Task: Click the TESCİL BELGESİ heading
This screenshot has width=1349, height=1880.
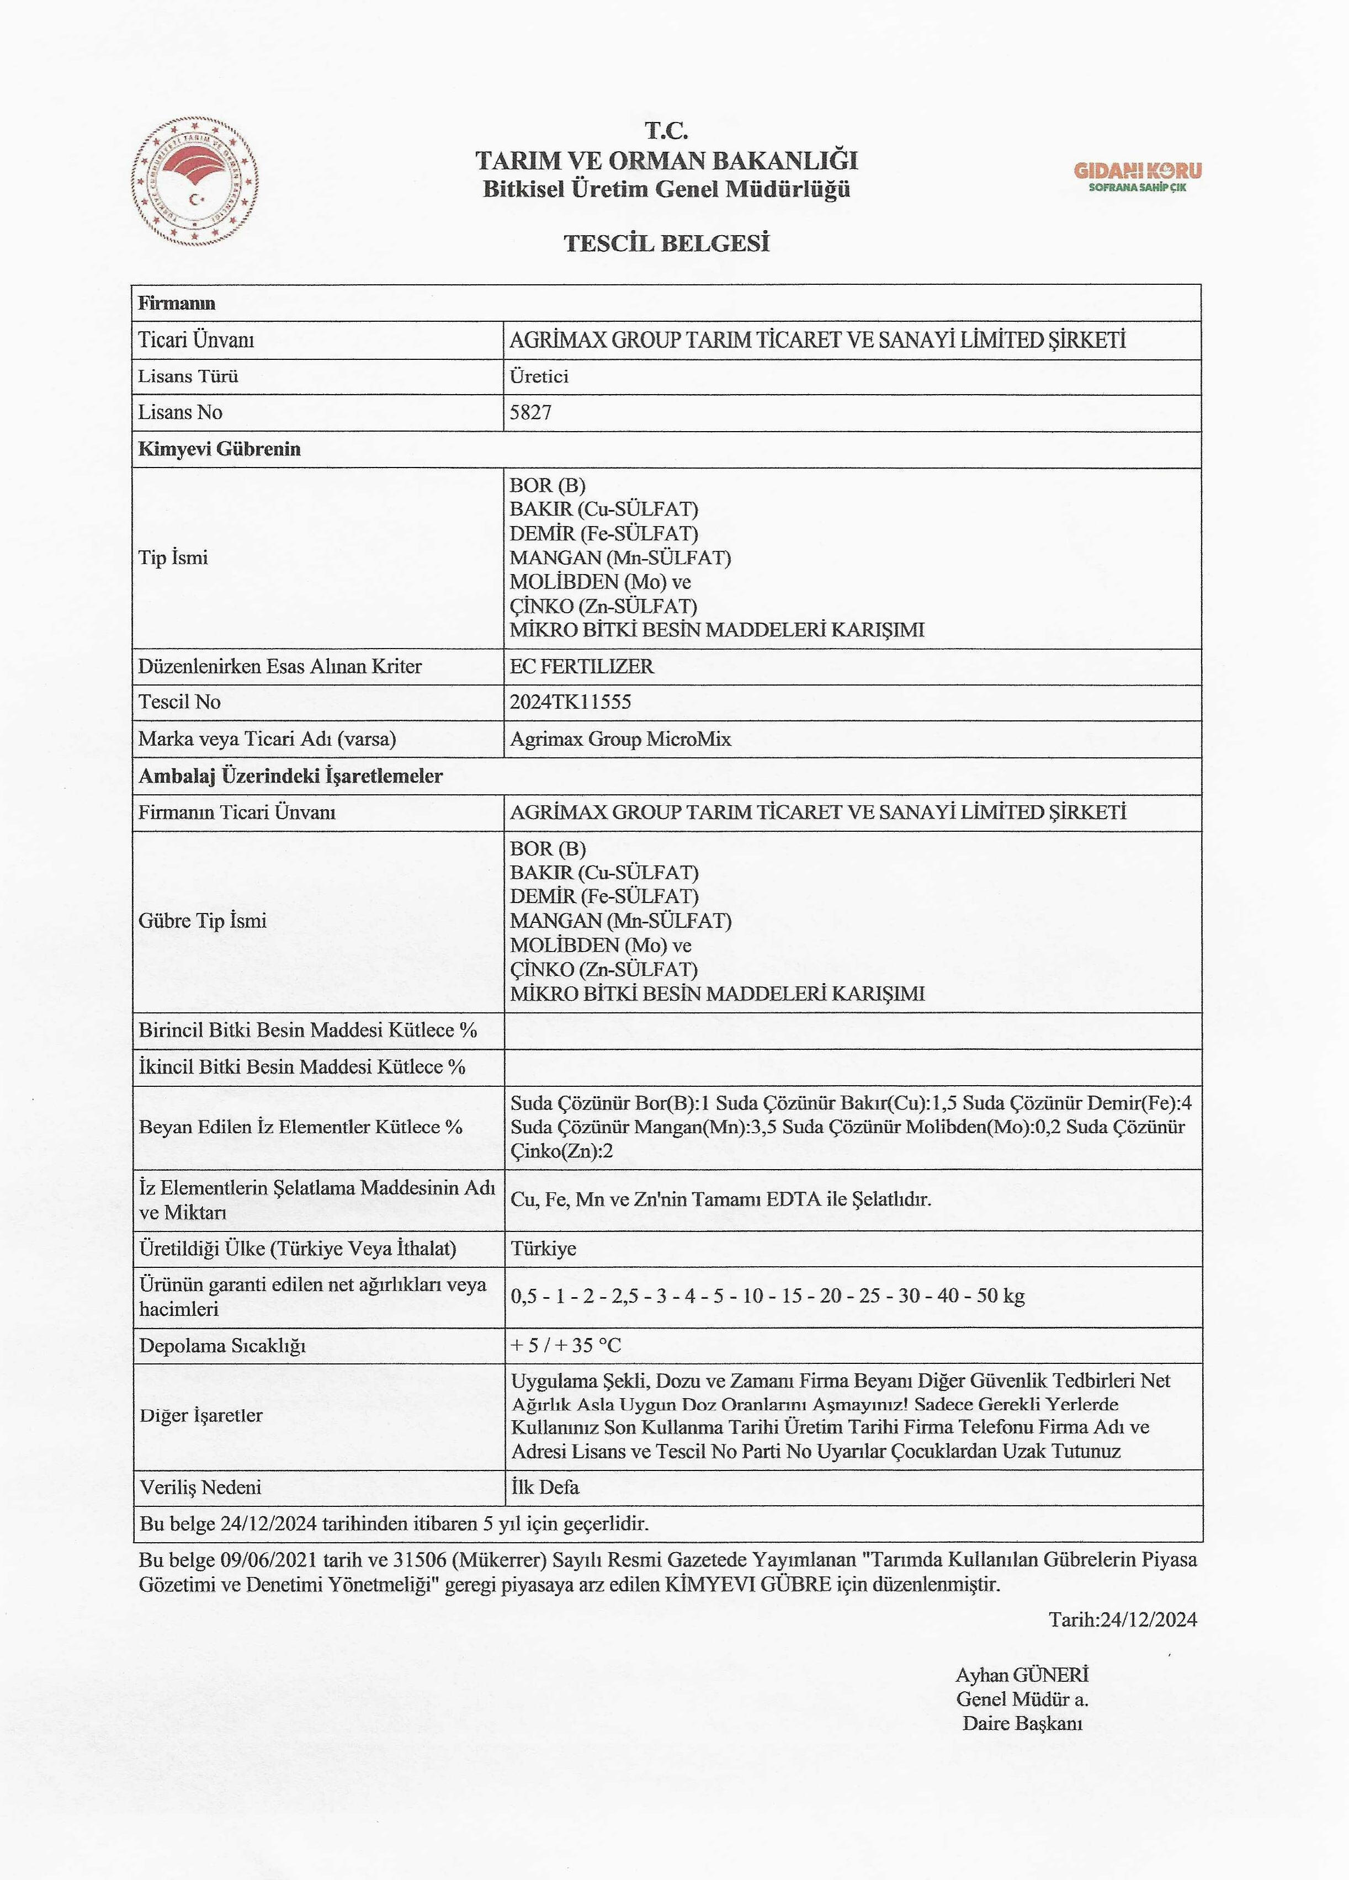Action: [667, 243]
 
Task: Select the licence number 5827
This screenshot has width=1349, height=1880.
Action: [530, 412]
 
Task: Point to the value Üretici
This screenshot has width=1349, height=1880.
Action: [539, 376]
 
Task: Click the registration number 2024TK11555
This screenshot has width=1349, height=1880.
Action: [570, 702]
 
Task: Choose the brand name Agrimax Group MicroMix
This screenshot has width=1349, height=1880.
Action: [620, 739]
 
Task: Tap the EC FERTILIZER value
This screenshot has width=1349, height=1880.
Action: [581, 666]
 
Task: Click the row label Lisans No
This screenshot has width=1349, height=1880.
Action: [180, 412]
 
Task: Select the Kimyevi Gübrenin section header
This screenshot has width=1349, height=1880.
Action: [219, 449]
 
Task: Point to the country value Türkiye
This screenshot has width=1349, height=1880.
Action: [543, 1249]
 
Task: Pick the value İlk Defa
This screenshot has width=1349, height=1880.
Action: [545, 1487]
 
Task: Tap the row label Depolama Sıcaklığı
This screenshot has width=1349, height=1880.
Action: [222, 1345]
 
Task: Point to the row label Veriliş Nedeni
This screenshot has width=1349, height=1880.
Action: [201, 1487]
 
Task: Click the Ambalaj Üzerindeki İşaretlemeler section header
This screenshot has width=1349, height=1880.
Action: [290, 776]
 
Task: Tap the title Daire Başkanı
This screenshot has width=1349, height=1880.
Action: [1022, 1723]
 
